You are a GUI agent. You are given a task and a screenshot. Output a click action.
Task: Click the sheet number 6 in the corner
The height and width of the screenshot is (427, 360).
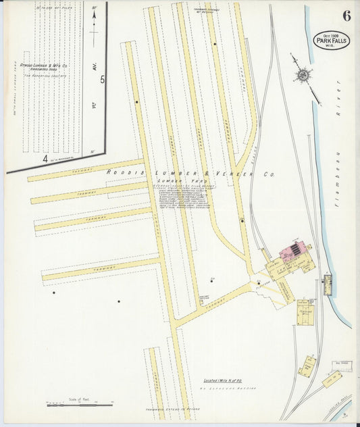tap(346, 17)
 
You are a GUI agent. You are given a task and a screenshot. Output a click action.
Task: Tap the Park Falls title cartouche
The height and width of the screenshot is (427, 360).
tap(332, 41)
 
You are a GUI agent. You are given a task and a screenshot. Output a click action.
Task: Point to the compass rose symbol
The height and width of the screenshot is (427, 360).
tap(303, 74)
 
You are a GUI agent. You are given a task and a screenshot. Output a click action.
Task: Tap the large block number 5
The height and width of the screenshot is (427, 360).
tap(102, 80)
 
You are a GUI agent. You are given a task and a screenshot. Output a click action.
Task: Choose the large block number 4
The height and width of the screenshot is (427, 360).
tap(45, 159)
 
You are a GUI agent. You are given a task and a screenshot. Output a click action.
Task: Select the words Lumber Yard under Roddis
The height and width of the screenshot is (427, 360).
tap(172, 182)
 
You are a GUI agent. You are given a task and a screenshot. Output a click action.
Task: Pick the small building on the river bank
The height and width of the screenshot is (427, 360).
tap(328, 284)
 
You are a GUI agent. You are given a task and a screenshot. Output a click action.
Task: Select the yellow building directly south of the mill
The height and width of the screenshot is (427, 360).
tap(305, 311)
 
